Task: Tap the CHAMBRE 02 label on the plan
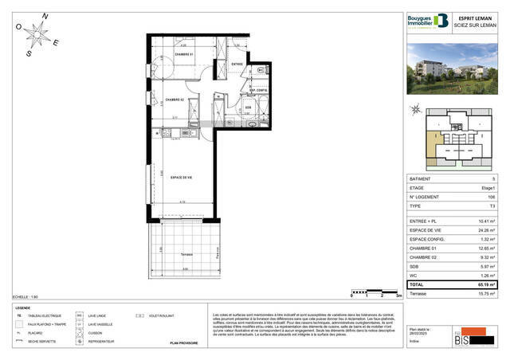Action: [x=175, y=100]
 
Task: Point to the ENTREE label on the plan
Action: [x=237, y=64]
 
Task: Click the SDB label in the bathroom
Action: [x=248, y=108]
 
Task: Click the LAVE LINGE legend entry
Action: [x=99, y=315]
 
